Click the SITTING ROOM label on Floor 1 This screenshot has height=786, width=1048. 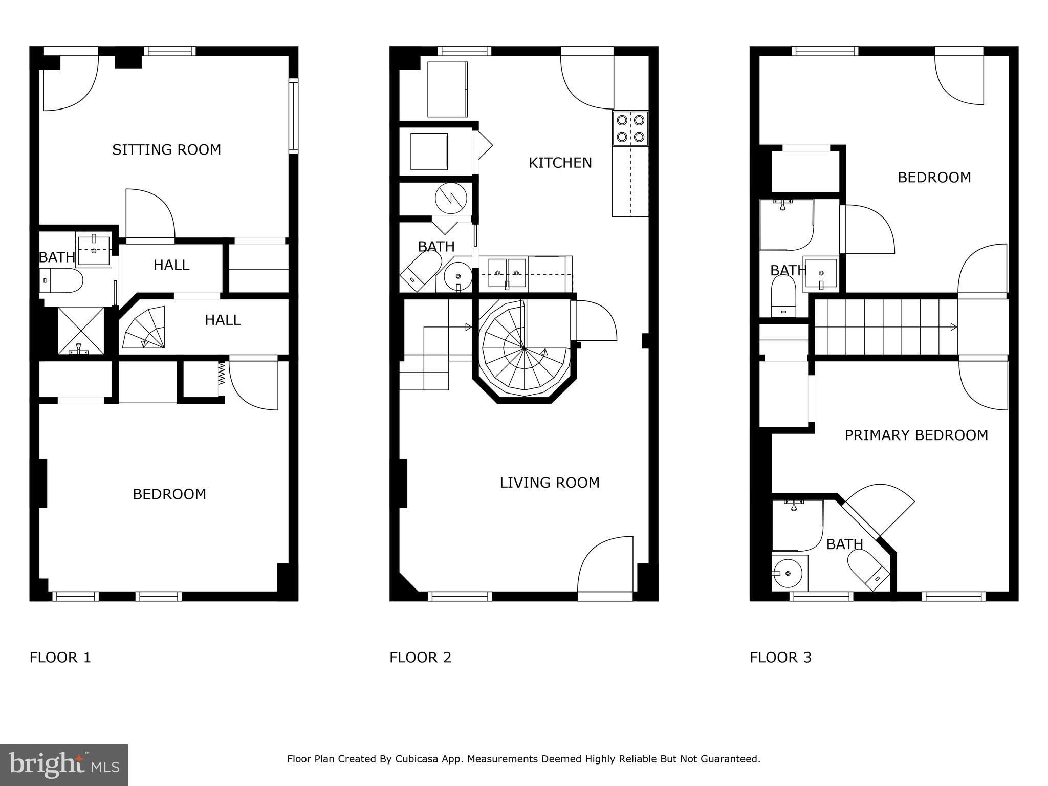[x=166, y=150]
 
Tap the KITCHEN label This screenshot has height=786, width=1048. [x=560, y=163]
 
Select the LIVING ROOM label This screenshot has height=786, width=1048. [x=550, y=483]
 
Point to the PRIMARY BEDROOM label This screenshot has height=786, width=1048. [x=916, y=435]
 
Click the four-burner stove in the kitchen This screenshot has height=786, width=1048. [x=630, y=128]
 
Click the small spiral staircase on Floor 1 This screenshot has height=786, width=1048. [x=144, y=328]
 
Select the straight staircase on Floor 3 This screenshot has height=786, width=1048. [x=886, y=327]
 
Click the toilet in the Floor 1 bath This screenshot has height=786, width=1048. [x=61, y=281]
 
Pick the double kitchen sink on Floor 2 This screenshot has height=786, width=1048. [x=507, y=273]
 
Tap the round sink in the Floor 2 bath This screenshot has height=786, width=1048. [x=457, y=277]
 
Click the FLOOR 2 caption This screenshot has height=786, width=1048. [x=420, y=658]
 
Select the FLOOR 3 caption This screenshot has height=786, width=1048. [x=780, y=658]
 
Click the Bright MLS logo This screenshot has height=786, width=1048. [x=64, y=765]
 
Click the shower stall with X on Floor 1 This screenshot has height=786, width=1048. [x=80, y=330]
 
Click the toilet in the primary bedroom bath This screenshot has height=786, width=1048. [x=868, y=569]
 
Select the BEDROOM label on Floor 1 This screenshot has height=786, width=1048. [x=169, y=494]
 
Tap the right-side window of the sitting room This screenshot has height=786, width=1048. [x=293, y=116]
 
